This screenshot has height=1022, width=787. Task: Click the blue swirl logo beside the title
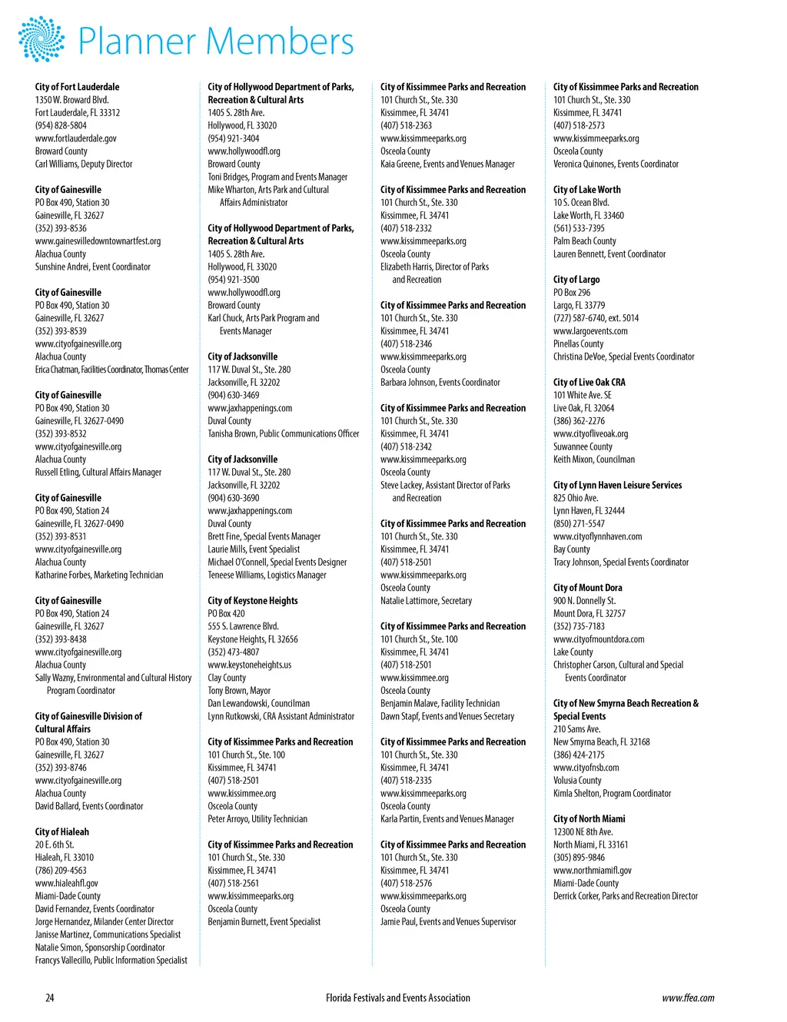[x=42, y=39]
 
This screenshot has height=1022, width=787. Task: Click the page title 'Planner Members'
[x=216, y=41]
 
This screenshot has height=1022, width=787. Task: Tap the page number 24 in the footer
[x=50, y=997]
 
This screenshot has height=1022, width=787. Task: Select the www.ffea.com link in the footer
[x=688, y=997]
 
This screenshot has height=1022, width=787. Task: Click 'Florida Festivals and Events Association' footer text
[x=397, y=997]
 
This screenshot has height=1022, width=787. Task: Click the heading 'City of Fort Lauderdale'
[x=77, y=87]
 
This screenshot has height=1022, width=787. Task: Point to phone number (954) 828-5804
[x=61, y=125]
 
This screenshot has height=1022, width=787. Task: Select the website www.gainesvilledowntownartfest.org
[x=98, y=241]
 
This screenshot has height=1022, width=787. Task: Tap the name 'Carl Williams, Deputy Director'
[x=84, y=164]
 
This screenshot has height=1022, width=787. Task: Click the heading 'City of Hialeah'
[x=62, y=831]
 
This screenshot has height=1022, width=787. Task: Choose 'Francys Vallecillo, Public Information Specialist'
[x=111, y=960]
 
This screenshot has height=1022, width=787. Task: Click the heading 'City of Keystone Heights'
[x=253, y=600]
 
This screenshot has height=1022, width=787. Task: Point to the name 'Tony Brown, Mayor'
[x=239, y=690]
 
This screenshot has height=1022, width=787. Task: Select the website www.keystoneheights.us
[x=250, y=665]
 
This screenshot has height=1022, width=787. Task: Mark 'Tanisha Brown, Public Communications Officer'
[x=284, y=433]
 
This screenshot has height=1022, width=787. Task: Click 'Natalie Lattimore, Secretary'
[x=427, y=600]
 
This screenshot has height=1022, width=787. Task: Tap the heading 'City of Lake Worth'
[x=587, y=190]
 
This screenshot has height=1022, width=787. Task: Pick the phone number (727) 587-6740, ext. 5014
[x=596, y=318]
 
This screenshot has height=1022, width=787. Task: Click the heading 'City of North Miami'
[x=589, y=818]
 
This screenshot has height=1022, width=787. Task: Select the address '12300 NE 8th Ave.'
[x=583, y=831]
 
